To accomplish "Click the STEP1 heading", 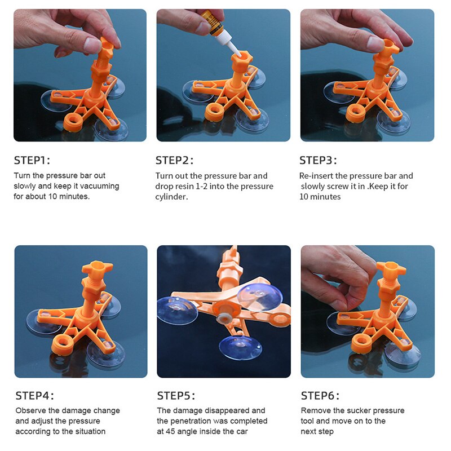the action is click(32, 160).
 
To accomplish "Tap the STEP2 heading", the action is click(174, 160).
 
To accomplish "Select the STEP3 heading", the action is click(318, 160).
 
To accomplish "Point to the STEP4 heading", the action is click(34, 396).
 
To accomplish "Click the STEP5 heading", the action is click(176, 396).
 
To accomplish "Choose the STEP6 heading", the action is click(320, 396).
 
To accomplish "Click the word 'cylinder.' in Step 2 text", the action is click(171, 197).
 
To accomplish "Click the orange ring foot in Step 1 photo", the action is click(73, 121).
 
